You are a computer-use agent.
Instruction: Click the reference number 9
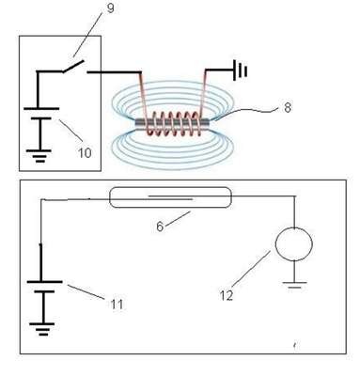click(110, 8)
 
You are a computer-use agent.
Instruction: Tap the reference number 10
click(85, 152)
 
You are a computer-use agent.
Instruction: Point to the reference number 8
click(287, 107)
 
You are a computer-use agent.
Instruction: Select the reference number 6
click(160, 227)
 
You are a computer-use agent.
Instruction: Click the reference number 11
click(117, 304)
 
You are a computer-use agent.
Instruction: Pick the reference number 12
click(227, 295)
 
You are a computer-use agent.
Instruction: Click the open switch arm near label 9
click(73, 66)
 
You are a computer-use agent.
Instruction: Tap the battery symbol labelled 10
click(41, 114)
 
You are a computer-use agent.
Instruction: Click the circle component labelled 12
click(293, 243)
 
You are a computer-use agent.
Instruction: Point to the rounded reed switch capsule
click(170, 197)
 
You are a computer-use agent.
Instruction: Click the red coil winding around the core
click(173, 124)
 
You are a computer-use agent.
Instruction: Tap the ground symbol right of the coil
click(241, 70)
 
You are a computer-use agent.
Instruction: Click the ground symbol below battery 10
click(39, 155)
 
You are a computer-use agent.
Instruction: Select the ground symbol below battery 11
click(42, 329)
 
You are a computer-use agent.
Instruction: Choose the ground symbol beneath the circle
click(294, 285)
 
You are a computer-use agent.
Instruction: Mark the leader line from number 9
click(88, 35)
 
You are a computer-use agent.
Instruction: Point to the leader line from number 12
click(251, 268)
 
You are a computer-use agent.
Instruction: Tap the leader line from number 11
click(86, 291)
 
